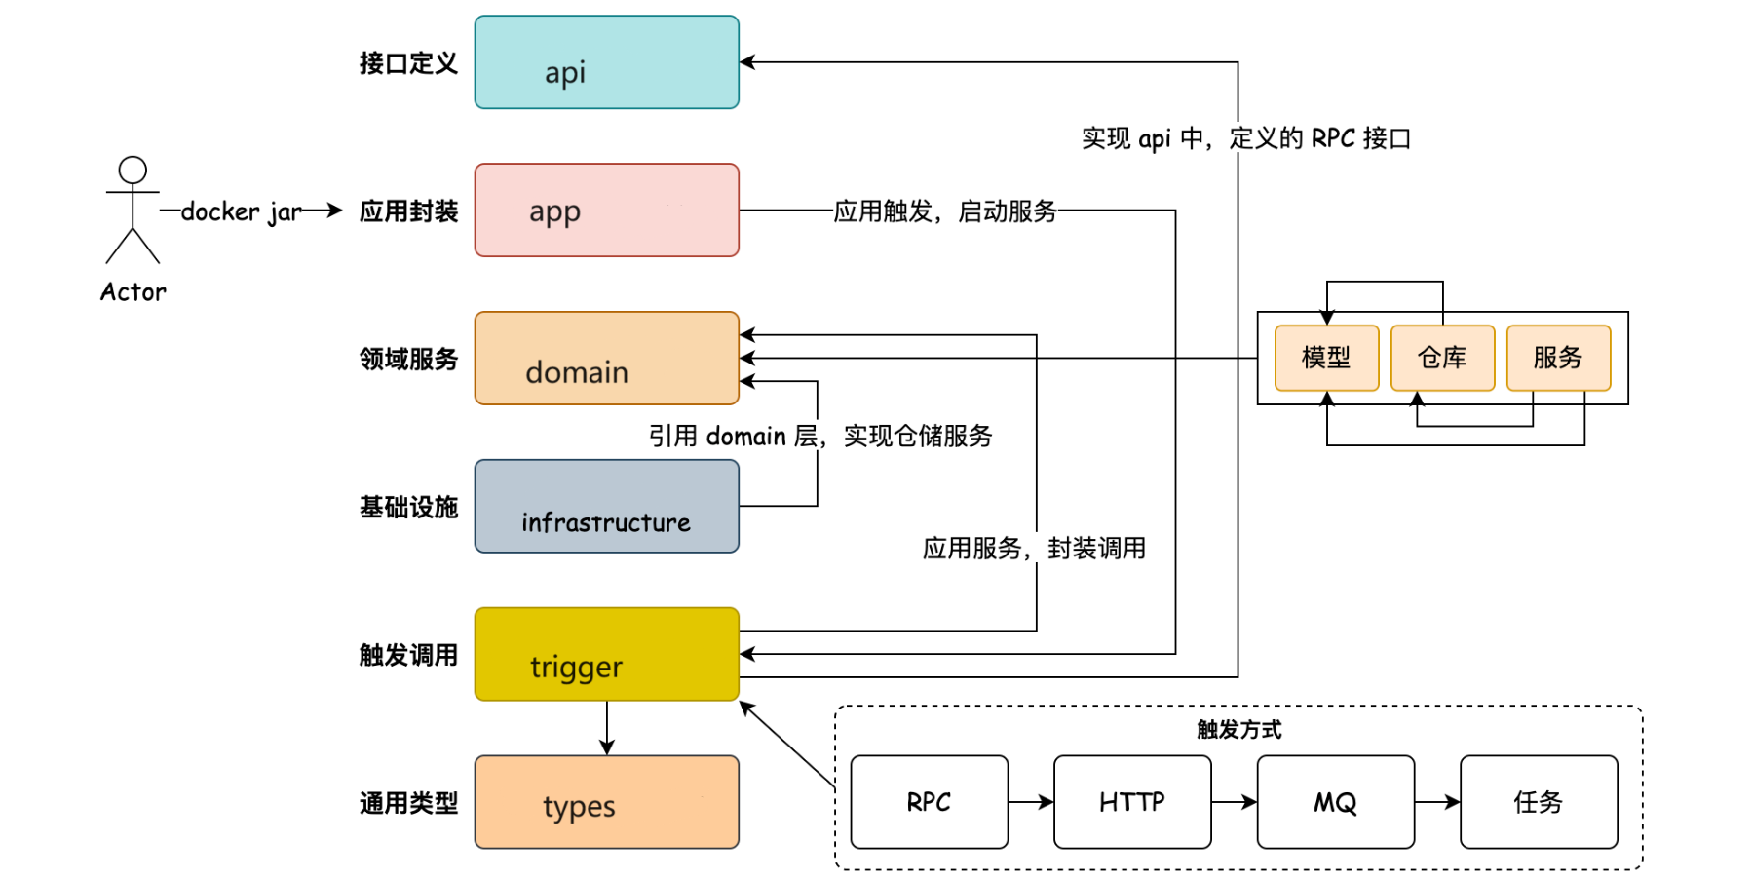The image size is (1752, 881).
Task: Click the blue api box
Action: pos(606,62)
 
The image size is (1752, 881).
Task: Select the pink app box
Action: pos(606,211)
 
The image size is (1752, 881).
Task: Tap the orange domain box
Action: pos(606,359)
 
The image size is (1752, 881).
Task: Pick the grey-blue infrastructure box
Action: pos(606,507)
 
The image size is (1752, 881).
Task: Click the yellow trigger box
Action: pos(606,654)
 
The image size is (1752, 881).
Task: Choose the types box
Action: pos(606,802)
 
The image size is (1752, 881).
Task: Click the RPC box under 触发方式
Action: pos(929,802)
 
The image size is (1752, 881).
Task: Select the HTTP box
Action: pos(1132,802)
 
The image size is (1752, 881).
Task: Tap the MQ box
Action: pos(1335,802)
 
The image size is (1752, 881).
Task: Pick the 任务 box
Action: pos(1539,802)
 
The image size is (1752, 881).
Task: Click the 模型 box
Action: pos(1326,358)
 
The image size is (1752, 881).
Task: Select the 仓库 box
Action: pos(1442,358)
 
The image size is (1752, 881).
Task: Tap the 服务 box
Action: pos(1558,358)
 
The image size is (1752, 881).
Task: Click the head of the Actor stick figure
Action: pos(133,170)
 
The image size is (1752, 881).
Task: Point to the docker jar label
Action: pos(241,211)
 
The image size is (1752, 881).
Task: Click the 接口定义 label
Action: pos(408,63)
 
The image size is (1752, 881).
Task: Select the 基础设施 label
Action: pos(408,507)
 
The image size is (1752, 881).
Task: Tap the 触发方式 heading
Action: pos(1238,729)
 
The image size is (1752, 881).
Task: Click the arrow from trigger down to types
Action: pos(607,728)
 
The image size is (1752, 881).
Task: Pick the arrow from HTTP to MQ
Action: pos(1234,802)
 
